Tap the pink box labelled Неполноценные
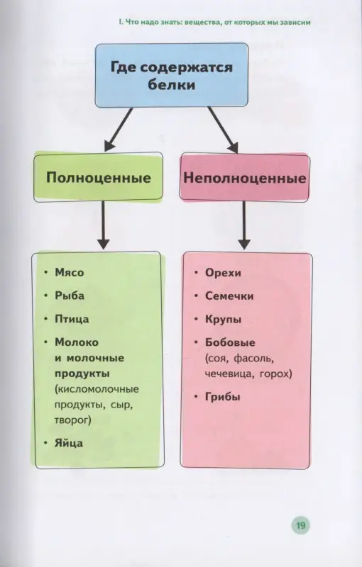point(244,177)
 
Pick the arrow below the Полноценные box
point(104,223)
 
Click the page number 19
point(300,525)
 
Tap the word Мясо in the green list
point(69,273)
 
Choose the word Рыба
point(70,296)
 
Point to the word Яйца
point(68,443)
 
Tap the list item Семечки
point(229,296)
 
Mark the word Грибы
point(222,397)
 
